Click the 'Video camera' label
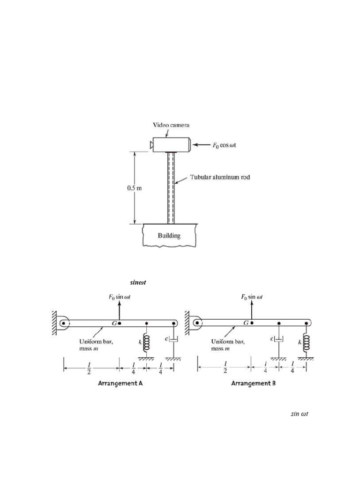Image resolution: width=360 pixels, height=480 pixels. coord(171,125)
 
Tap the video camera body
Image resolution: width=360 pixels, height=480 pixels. coord(172,144)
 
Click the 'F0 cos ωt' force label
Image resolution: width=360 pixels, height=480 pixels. coord(224,145)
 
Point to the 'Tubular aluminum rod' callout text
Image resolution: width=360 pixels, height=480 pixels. coord(220,177)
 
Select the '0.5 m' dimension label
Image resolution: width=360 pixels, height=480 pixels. coord(135,188)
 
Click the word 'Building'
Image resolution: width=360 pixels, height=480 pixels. coord(169,235)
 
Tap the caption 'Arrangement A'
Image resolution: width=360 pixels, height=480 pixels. coord(120,383)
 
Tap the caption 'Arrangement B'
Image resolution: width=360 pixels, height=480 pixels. coord(253,383)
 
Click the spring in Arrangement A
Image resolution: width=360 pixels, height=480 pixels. coord(146,343)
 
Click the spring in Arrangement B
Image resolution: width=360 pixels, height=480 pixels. coord(306,343)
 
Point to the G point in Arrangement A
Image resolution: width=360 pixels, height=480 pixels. coord(120,323)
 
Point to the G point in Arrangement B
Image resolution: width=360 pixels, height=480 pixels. coord(252,322)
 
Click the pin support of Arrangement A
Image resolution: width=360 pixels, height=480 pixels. coord(64,323)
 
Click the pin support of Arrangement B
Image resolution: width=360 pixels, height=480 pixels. coord(197,322)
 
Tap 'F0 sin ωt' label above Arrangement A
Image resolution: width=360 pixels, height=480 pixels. coord(120,297)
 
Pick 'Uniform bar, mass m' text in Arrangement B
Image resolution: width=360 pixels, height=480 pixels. coord(228,345)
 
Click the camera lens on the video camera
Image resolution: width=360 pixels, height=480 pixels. coord(151,145)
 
